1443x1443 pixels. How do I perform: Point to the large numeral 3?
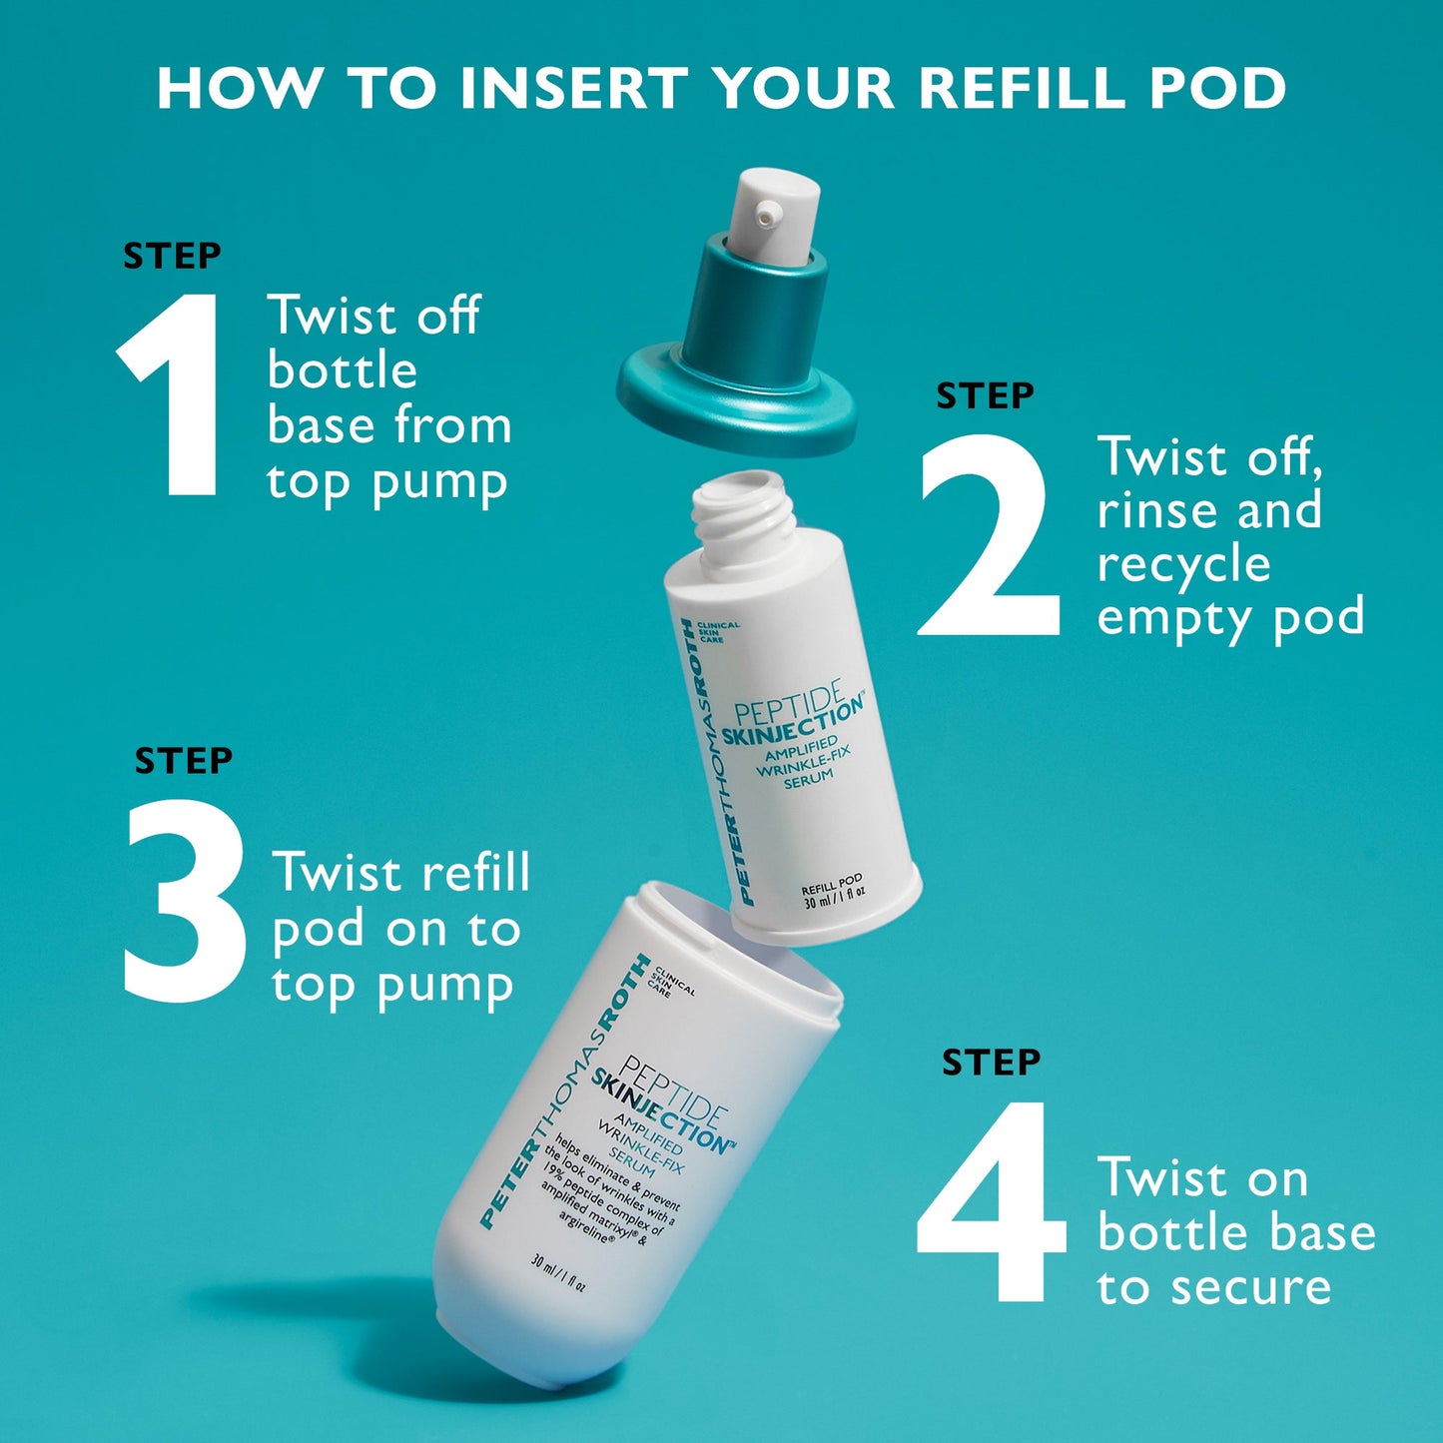(x=186, y=900)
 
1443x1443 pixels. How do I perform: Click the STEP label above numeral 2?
(x=985, y=396)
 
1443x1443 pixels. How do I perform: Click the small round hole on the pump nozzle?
(x=767, y=213)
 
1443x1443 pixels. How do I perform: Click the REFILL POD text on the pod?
(x=831, y=885)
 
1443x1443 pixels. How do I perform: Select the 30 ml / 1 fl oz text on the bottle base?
(x=558, y=1274)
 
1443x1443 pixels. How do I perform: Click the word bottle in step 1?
(x=343, y=371)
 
